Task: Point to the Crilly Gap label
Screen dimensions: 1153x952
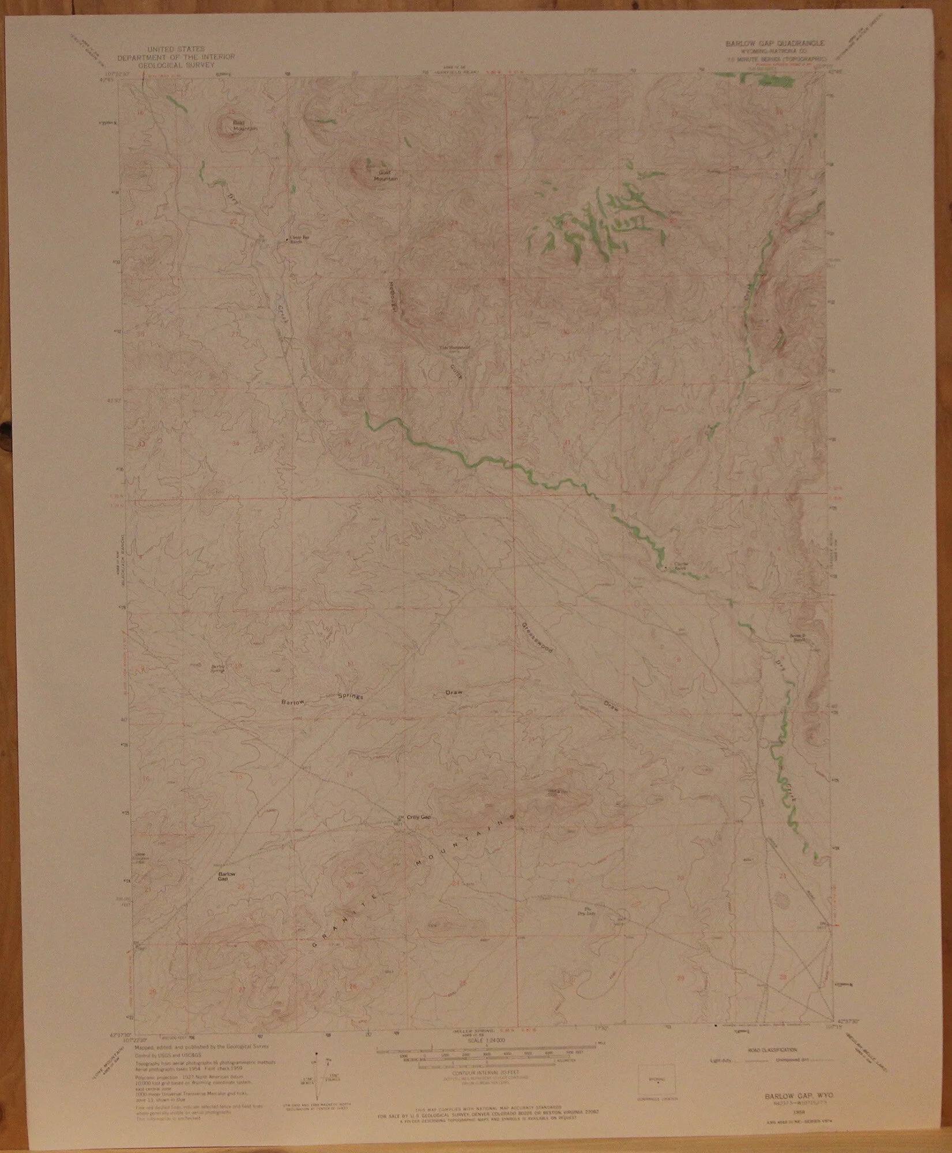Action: point(419,817)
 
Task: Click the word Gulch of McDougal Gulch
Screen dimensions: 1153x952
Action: point(457,370)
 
